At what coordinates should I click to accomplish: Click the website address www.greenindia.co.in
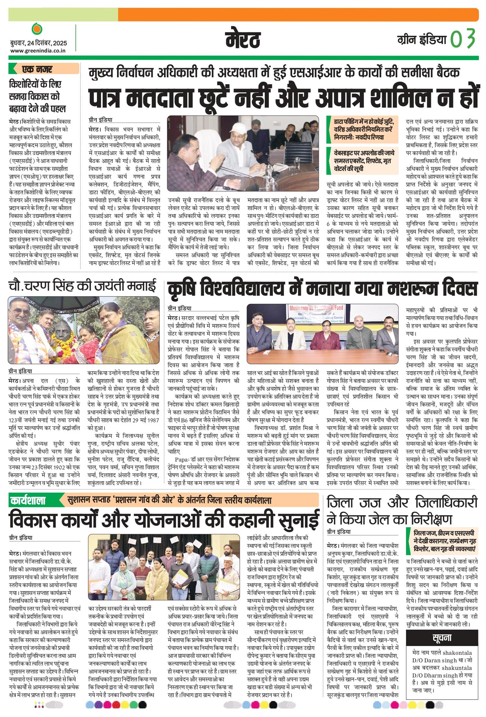(38, 50)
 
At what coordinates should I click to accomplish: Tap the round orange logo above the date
(37, 29)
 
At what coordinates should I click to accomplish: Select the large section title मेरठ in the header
(243, 39)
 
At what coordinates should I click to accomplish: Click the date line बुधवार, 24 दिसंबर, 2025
(38, 43)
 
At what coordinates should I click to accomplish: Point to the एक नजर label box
(44, 69)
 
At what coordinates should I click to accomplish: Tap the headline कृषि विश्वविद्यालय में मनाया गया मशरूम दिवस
(322, 289)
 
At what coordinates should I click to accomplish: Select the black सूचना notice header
(442, 637)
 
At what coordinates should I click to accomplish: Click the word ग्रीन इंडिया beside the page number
(422, 40)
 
